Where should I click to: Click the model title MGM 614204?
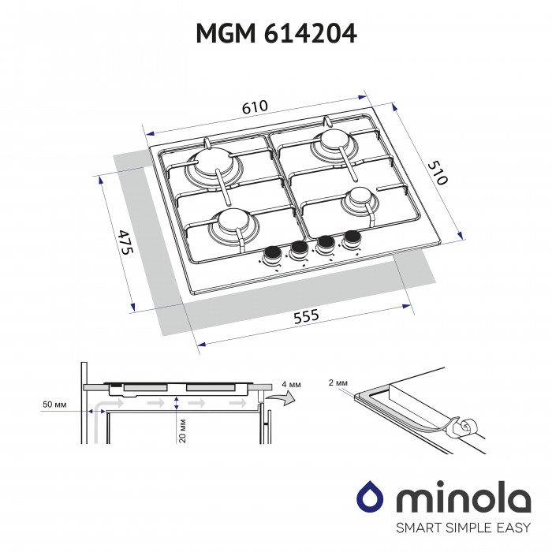[x=275, y=34]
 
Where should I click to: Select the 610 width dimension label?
[x=249, y=106]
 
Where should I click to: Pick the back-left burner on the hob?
[x=215, y=163]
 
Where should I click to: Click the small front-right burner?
[x=360, y=198]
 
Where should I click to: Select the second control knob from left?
[x=299, y=249]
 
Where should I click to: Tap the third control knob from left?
[x=324, y=244]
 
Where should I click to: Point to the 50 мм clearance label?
[x=54, y=405]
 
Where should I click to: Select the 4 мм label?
[x=289, y=384]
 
